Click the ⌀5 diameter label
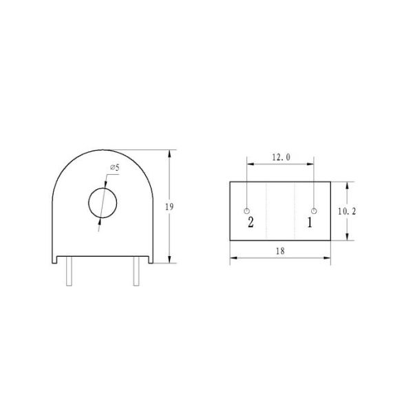click(x=114, y=168)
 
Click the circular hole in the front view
click(x=103, y=202)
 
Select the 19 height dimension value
click(x=178, y=206)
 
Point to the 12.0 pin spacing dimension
click(x=280, y=158)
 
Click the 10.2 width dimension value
click(x=346, y=211)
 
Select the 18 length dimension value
click(x=280, y=252)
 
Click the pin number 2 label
click(x=251, y=222)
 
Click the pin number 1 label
click(x=310, y=222)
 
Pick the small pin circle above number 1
click(x=314, y=210)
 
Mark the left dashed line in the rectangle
click(x=266, y=211)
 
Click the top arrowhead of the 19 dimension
click(x=169, y=152)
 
